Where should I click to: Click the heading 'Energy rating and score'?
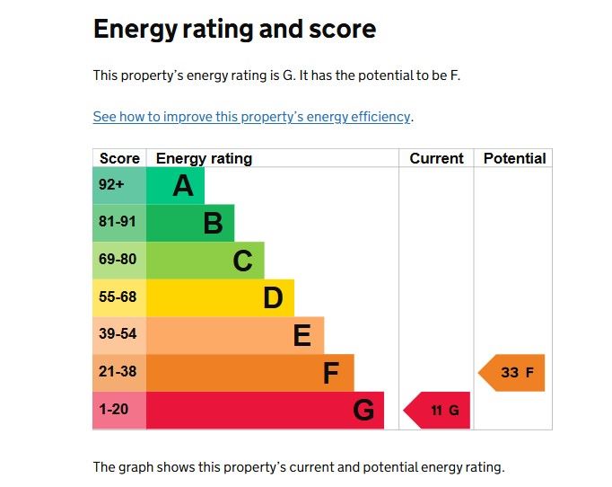click(x=234, y=30)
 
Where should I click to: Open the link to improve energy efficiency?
click(x=252, y=117)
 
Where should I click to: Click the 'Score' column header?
click(x=119, y=158)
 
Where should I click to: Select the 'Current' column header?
click(x=436, y=158)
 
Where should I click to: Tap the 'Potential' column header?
click(x=514, y=158)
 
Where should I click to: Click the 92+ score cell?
click(x=118, y=185)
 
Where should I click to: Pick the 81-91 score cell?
click(x=118, y=223)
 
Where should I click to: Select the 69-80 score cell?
click(x=118, y=260)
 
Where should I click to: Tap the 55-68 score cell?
click(x=118, y=297)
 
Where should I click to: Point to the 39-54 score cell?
click(x=118, y=334)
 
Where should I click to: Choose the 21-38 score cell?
click(x=118, y=372)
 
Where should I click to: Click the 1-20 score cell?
click(x=118, y=410)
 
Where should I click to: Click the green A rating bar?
click(x=175, y=185)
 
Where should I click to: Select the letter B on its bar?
click(x=213, y=223)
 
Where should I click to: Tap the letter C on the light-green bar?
click(x=242, y=261)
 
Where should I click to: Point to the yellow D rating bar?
click(x=220, y=297)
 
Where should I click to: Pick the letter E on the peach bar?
click(x=302, y=335)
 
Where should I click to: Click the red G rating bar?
click(x=265, y=410)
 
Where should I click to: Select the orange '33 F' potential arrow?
click(x=513, y=372)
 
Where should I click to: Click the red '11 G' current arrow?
click(x=439, y=410)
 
